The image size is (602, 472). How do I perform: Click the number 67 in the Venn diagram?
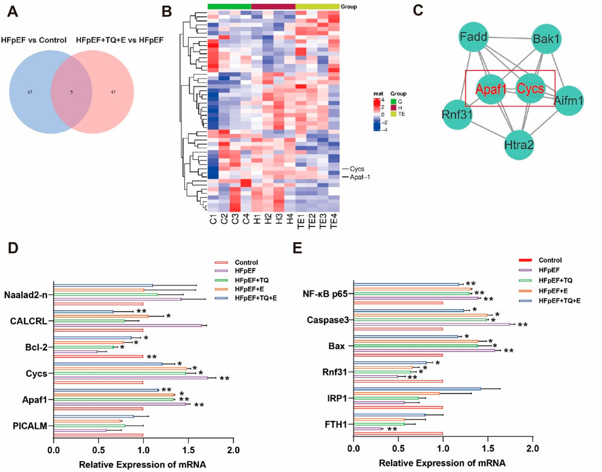coord(29,92)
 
